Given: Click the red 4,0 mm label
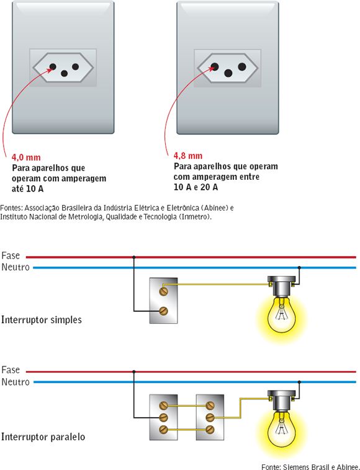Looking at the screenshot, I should tap(26, 157).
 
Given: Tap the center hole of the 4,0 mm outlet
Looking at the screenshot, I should tap(63, 73).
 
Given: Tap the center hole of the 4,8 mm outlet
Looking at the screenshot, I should tap(228, 73).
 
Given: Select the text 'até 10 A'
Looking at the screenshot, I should tap(29, 188).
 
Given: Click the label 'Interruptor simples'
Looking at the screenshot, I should tap(42, 320).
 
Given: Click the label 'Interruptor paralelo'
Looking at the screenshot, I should tap(43, 437).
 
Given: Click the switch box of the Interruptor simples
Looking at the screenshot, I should tap(163, 300).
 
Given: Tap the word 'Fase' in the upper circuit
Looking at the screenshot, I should tap(11, 255).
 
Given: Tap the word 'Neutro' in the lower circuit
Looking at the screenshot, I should tap(16, 382).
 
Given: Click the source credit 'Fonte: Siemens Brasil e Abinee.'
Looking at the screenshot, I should tap(310, 464).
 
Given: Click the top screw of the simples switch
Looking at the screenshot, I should tap(164, 289).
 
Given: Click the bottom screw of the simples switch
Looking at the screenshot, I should tap(164, 311).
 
